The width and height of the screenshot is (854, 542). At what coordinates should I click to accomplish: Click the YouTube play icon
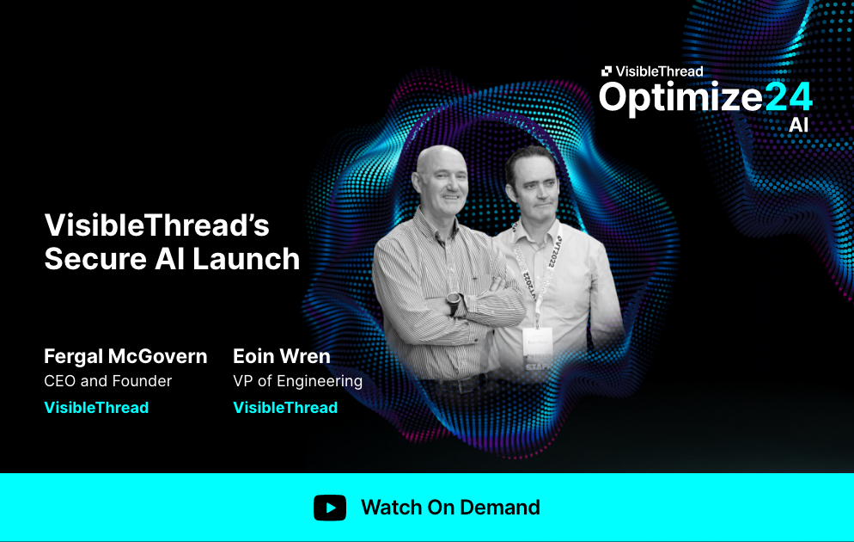(x=330, y=508)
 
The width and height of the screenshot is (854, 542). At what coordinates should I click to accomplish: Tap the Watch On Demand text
(x=450, y=508)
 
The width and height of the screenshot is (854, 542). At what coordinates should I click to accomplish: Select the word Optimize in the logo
(x=680, y=96)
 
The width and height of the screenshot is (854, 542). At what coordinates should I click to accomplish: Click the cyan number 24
(x=788, y=96)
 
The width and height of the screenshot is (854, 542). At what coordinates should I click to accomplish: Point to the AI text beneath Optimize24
(x=798, y=126)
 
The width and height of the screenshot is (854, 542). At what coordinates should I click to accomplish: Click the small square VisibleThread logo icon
(x=607, y=71)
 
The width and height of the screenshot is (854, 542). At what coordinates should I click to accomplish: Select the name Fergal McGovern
(x=125, y=356)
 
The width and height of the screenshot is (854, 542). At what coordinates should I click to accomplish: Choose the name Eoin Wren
(x=282, y=356)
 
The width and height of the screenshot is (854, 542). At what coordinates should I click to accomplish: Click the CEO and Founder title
(x=108, y=381)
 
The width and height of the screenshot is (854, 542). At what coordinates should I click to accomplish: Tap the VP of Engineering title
(x=297, y=381)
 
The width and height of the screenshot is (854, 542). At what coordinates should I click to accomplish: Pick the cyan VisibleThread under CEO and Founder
(x=96, y=408)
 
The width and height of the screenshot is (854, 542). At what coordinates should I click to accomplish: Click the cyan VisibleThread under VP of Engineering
(x=285, y=408)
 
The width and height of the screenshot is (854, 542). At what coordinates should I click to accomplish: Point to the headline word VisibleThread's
(x=156, y=226)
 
